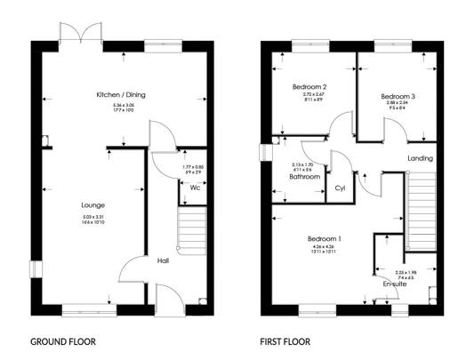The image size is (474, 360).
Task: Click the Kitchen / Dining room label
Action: pos(121,94)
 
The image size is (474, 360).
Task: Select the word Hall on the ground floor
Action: pos(164,261)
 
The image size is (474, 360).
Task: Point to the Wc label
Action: pos(193,188)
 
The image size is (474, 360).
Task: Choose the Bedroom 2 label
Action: pos(311,87)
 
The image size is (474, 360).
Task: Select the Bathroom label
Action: pos(304,177)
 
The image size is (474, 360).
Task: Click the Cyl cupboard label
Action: pos(340,188)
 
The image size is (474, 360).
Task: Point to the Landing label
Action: pos(421,159)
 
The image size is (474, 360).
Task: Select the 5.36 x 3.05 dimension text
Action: pos(121,104)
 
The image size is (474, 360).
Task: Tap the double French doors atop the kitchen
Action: pos(82,33)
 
